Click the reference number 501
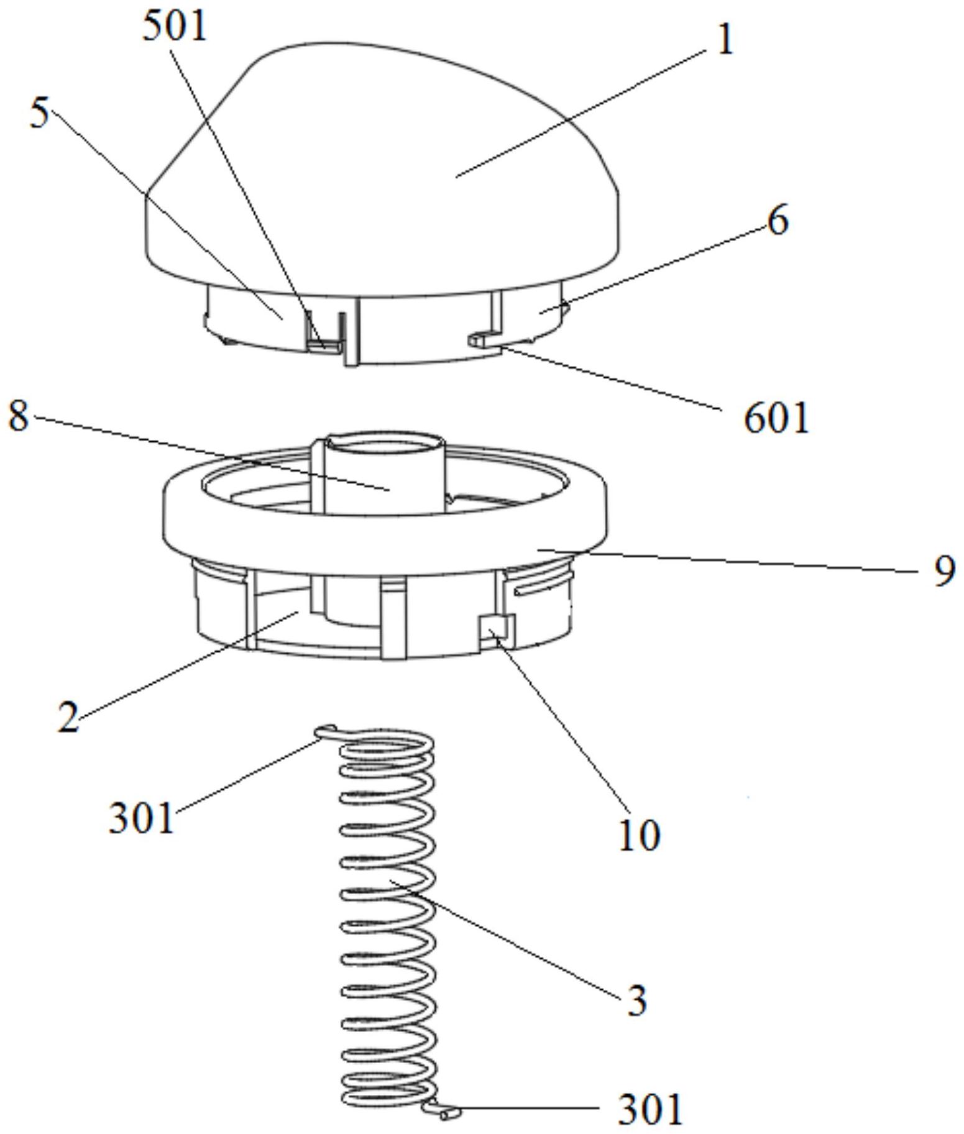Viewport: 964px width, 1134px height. (x=174, y=28)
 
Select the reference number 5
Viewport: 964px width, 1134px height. (x=39, y=114)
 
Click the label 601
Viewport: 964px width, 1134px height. (x=776, y=418)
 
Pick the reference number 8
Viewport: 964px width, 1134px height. (x=18, y=416)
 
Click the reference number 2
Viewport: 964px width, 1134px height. (x=68, y=717)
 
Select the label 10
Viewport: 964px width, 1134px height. (x=638, y=836)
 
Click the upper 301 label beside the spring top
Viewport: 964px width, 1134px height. (x=140, y=818)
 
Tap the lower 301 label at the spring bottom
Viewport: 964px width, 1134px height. (x=650, y=1109)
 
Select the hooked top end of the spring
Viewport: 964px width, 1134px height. (x=328, y=731)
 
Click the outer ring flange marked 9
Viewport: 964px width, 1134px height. (x=385, y=534)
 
